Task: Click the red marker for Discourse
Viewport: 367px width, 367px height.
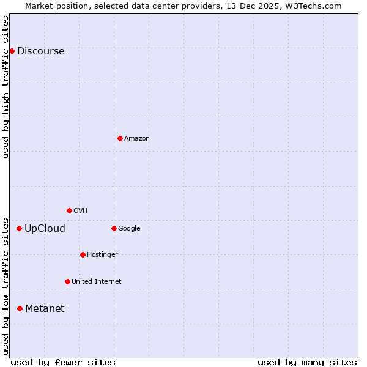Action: (12, 51)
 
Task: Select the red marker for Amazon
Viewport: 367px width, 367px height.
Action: (120, 138)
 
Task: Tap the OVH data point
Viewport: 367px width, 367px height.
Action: (69, 210)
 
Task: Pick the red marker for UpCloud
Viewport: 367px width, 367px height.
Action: (19, 228)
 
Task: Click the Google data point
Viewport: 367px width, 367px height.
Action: (114, 228)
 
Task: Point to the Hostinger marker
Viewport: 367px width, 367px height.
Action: (83, 254)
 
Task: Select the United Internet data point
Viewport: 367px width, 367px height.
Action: (67, 281)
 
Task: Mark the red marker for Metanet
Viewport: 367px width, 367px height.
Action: (20, 308)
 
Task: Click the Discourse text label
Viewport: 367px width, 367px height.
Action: (40, 51)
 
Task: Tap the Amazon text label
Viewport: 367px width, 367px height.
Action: (137, 139)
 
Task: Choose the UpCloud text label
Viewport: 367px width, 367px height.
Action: (45, 229)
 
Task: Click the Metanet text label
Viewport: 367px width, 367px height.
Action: (45, 309)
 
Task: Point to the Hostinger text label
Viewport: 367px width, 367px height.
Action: (102, 255)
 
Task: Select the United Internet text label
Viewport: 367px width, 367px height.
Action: (96, 282)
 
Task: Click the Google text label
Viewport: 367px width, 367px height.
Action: (129, 229)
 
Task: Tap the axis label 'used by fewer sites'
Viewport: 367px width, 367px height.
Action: (63, 362)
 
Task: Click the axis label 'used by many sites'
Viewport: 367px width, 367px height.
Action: (307, 362)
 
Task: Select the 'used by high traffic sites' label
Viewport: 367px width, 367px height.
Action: (6, 87)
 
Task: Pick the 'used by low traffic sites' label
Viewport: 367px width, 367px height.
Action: (6, 286)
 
